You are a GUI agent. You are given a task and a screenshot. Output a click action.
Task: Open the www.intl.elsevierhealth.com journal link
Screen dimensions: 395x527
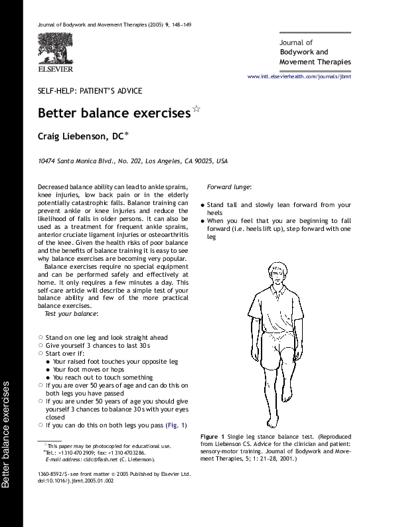[x=299, y=76]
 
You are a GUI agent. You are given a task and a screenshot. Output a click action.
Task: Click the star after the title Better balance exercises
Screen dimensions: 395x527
[x=196, y=108]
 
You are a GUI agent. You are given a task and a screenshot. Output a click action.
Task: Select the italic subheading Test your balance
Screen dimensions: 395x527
[x=71, y=313]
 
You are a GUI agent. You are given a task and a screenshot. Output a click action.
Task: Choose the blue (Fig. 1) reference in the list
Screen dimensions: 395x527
[x=177, y=425]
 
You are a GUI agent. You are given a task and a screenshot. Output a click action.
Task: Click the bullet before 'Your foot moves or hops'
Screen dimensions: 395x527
[x=48, y=369]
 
